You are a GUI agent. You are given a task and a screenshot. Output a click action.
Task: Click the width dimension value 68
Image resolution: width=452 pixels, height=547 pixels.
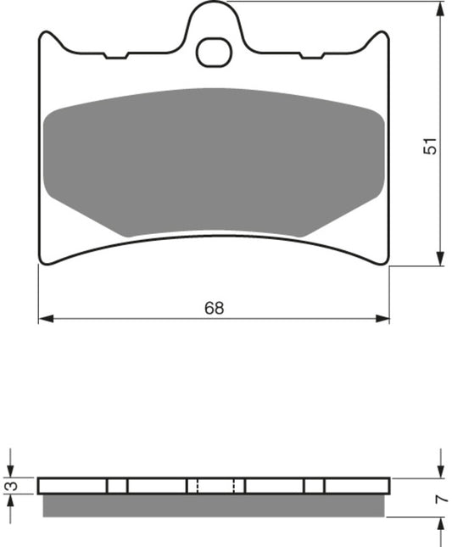(215, 309)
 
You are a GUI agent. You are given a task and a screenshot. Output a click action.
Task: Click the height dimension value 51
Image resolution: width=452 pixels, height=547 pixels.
(432, 146)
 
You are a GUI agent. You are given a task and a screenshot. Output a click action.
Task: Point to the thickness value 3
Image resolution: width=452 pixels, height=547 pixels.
(9, 486)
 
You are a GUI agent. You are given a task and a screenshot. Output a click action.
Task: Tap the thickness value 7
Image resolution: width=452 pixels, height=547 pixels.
(440, 500)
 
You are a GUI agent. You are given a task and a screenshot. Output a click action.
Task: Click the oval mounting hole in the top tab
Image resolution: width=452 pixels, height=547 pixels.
(215, 53)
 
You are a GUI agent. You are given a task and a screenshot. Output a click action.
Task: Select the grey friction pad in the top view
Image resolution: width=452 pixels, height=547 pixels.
(215, 161)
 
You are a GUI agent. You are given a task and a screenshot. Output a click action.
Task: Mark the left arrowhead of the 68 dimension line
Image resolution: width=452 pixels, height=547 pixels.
(44, 320)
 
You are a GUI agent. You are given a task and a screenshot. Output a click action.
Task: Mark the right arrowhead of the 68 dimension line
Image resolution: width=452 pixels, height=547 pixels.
(385, 320)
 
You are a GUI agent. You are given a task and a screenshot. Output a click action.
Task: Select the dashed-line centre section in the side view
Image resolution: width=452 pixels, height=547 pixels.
(215, 485)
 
